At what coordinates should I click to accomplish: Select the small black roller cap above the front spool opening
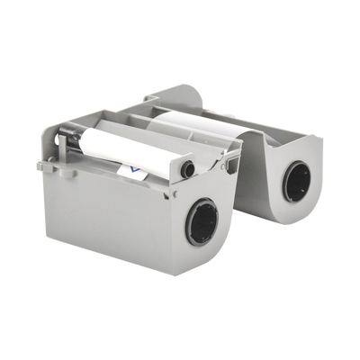point(187,168)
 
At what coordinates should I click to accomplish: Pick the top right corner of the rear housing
point(322,135)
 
